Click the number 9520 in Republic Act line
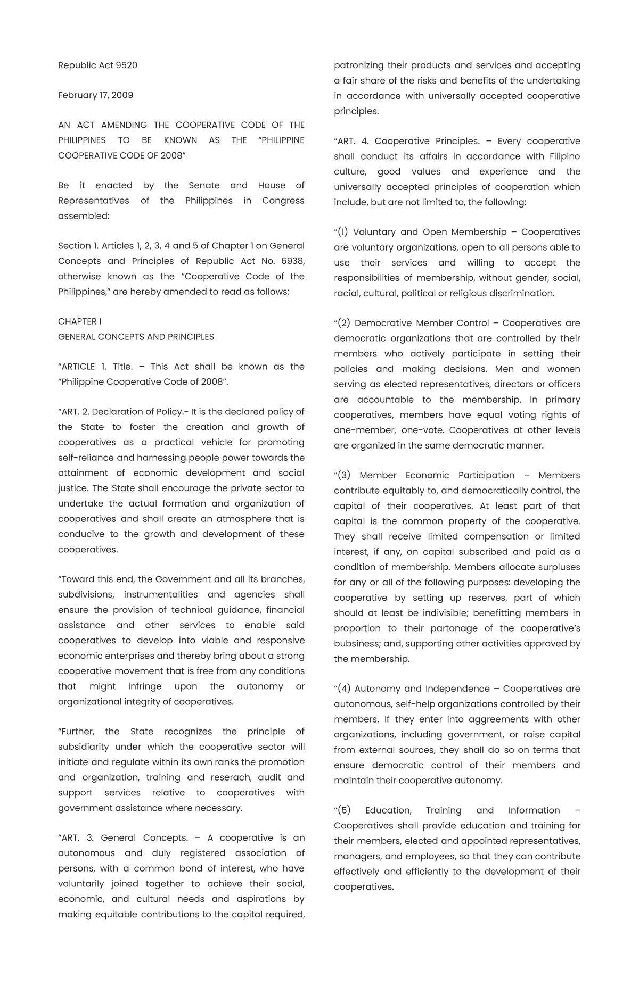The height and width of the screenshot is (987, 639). (126, 65)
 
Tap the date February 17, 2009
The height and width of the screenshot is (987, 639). (96, 95)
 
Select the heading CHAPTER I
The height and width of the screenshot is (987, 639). (80, 321)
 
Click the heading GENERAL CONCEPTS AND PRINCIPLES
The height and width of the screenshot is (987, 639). (136, 337)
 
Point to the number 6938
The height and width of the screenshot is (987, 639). (292, 261)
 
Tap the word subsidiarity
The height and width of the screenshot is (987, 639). (83, 747)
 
